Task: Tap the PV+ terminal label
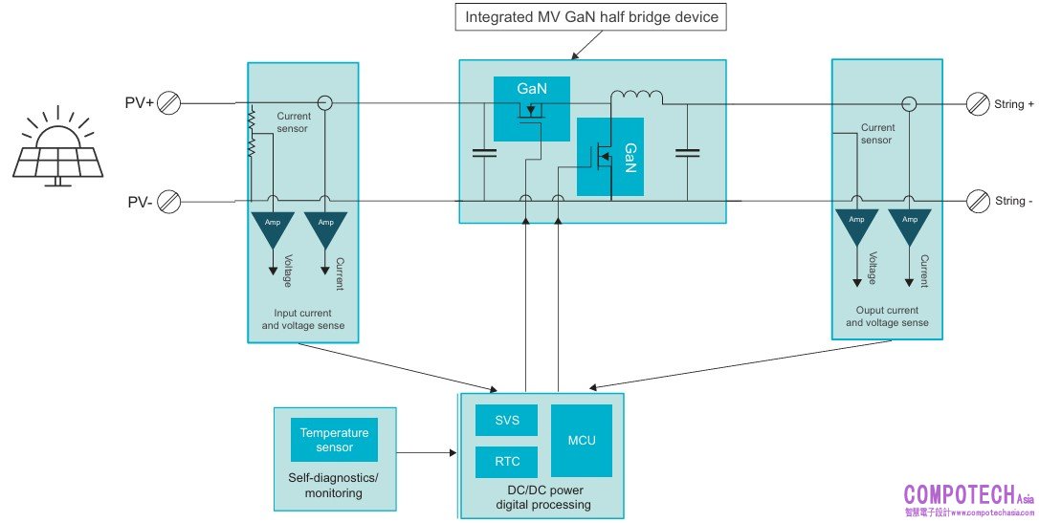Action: pos(140,102)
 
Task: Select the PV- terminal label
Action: pos(140,202)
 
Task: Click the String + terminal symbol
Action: pos(977,104)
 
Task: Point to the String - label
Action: pos(1015,201)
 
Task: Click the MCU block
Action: pos(582,441)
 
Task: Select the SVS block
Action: pos(507,421)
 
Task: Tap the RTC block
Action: pos(507,462)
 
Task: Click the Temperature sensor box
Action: pos(334,440)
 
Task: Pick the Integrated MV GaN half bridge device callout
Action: pos(591,17)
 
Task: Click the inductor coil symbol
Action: pos(637,97)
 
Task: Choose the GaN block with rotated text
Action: pos(609,157)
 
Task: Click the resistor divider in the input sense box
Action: pos(252,133)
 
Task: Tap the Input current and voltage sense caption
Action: pos(303,319)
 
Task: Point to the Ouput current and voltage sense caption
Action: pos(887,316)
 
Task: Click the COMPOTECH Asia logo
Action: pos(968,499)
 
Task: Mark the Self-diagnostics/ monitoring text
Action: pos(334,485)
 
